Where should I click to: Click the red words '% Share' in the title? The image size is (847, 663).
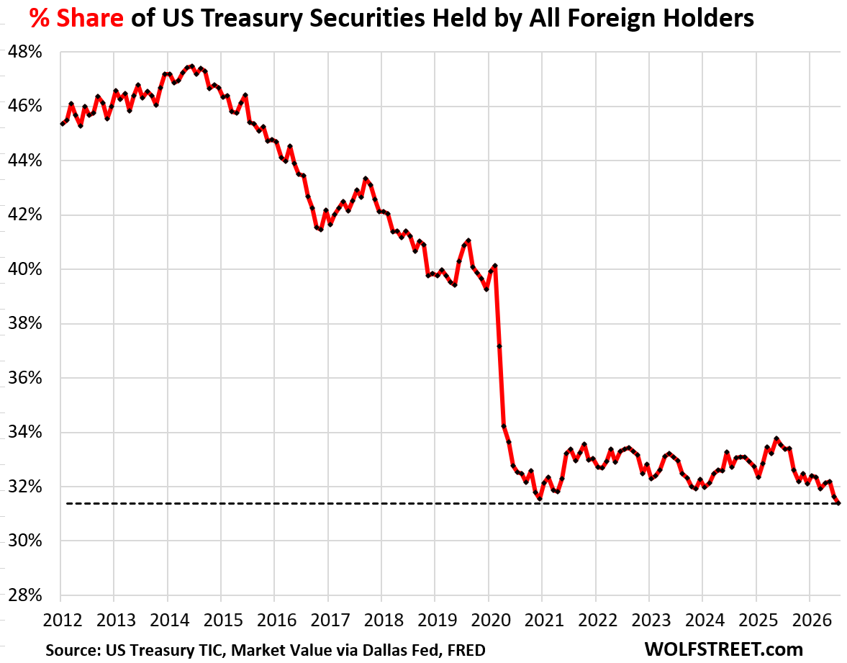[76, 19]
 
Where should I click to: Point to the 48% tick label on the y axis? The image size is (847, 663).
[25, 52]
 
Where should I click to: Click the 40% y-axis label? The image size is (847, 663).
[25, 269]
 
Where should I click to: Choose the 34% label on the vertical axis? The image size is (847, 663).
[25, 432]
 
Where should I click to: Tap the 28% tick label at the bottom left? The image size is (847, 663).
[25, 595]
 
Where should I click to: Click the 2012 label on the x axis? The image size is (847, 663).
[63, 620]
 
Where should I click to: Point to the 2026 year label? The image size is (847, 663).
[812, 620]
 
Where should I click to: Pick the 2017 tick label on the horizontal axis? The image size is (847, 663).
[330, 620]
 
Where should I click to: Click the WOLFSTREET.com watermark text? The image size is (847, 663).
[723, 649]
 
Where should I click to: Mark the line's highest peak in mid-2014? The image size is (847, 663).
[191, 66]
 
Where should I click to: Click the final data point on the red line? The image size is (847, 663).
[838, 502]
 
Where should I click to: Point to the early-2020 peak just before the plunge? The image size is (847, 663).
[495, 266]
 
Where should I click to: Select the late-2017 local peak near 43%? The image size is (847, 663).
[366, 179]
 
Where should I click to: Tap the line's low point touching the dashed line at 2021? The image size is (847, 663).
[540, 498]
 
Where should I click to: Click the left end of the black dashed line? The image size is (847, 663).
[66, 504]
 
